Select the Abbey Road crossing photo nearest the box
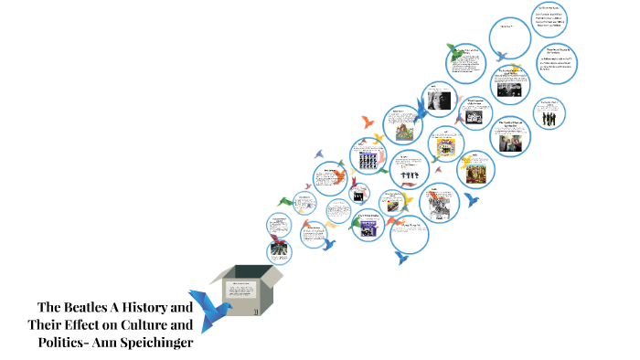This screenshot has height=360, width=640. (279, 249)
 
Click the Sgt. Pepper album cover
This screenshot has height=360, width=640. (478, 172)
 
